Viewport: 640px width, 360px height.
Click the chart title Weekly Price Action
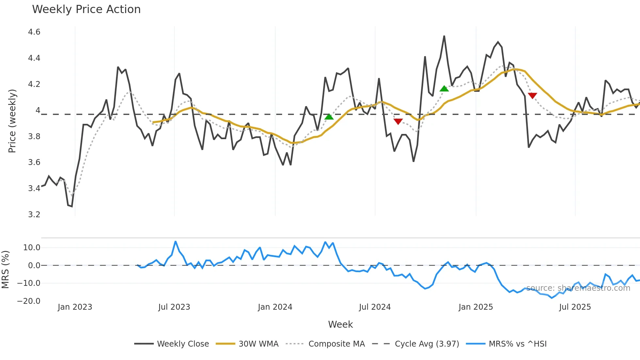pyautogui.click(x=86, y=9)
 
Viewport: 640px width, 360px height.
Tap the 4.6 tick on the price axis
pyautogui.click(x=34, y=32)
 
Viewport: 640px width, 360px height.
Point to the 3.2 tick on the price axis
pyautogui.click(x=34, y=215)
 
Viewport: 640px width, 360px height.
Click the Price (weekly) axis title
pyautogui.click(x=12, y=121)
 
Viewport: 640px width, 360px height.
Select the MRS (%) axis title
pyautogui.click(x=5, y=270)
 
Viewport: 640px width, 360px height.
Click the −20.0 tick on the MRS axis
pyautogui.click(x=29, y=301)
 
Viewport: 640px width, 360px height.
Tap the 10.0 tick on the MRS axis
pyautogui.click(x=32, y=248)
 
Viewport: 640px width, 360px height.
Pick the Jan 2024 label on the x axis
pyautogui.click(x=275, y=307)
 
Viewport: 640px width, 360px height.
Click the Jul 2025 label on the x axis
pyautogui.click(x=575, y=307)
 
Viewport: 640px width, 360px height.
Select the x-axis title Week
pyautogui.click(x=340, y=324)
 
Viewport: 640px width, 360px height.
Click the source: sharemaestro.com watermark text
pyautogui.click(x=578, y=288)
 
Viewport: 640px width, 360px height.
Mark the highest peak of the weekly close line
pyautogui.click(x=444, y=36)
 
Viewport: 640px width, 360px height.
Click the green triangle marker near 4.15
pyautogui.click(x=444, y=89)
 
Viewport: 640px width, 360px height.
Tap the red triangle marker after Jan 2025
pyautogui.click(x=532, y=95)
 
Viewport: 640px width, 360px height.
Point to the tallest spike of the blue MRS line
pyautogui.click(x=175, y=242)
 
